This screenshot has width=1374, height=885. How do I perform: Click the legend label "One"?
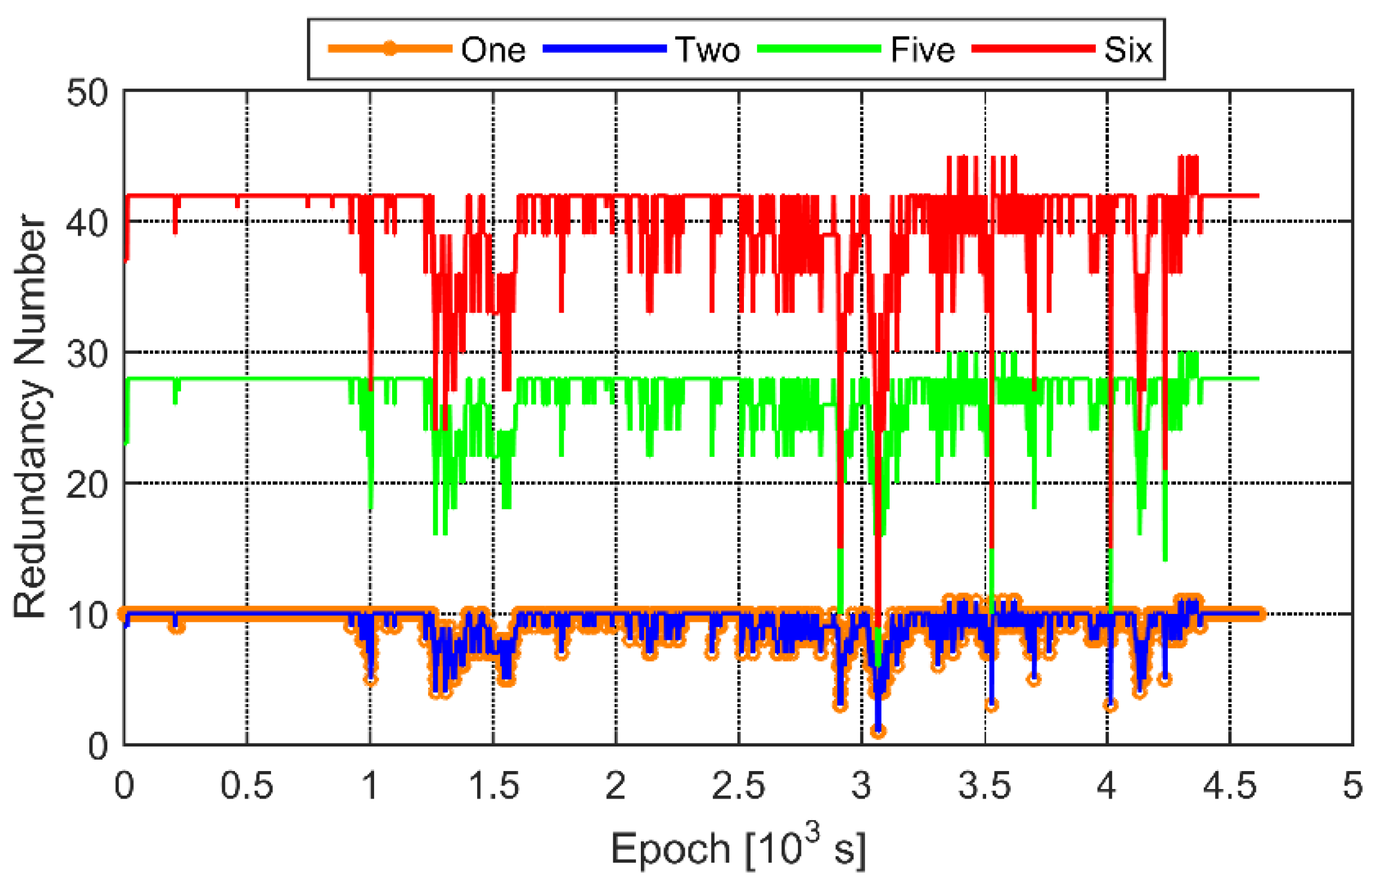pyautogui.click(x=493, y=50)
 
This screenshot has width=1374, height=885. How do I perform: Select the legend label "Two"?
pyautogui.click(x=707, y=50)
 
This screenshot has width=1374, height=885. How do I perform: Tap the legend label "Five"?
pyautogui.click(x=922, y=50)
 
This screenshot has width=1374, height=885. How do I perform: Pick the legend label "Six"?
pyautogui.click(x=1128, y=50)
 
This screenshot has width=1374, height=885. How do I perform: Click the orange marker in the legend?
pyautogui.click(x=390, y=49)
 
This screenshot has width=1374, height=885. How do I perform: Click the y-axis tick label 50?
pyautogui.click(x=88, y=94)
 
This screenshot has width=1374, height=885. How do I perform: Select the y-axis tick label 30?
pyautogui.click(x=88, y=354)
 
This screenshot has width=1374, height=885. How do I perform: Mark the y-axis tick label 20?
pyautogui.click(x=88, y=484)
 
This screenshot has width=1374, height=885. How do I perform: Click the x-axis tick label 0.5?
pyautogui.click(x=247, y=785)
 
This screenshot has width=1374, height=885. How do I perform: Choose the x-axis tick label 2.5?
pyautogui.click(x=739, y=785)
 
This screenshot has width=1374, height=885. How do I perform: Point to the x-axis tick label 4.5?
pyautogui.click(x=1230, y=785)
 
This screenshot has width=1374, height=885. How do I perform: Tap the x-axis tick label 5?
pyautogui.click(x=1352, y=785)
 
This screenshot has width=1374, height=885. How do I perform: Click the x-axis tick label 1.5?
pyautogui.click(x=493, y=785)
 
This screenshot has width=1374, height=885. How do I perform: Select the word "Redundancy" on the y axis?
pyautogui.click(x=30, y=498)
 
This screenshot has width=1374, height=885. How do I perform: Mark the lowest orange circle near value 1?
pyautogui.click(x=878, y=731)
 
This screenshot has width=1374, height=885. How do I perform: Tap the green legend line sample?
pyautogui.click(x=819, y=49)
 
